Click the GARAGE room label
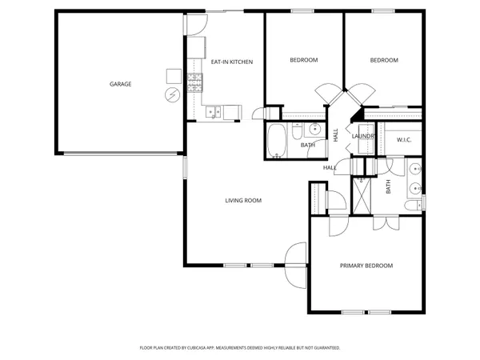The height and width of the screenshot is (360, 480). pyautogui.click(x=121, y=84)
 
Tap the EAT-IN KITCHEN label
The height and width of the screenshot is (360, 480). pyautogui.click(x=226, y=62)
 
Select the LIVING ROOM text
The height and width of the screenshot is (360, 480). pyautogui.click(x=243, y=200)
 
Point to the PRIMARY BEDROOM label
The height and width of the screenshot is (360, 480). pyautogui.click(x=366, y=266)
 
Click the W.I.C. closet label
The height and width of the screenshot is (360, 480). pyautogui.click(x=404, y=140)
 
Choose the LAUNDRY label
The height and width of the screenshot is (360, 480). pyautogui.click(x=363, y=136)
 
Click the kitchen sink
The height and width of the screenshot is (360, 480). pyautogui.click(x=213, y=112)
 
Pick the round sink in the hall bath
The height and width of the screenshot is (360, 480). pyautogui.click(x=315, y=130)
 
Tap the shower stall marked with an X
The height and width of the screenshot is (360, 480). pyautogui.click(x=362, y=195)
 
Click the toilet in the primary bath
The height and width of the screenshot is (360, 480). pyautogui.click(x=412, y=206)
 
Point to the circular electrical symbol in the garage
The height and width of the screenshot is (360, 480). pyautogui.click(x=171, y=96)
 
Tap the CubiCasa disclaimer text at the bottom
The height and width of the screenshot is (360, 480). pyautogui.click(x=240, y=348)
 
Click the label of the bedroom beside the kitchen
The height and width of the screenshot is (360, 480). pyautogui.click(x=303, y=60)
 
